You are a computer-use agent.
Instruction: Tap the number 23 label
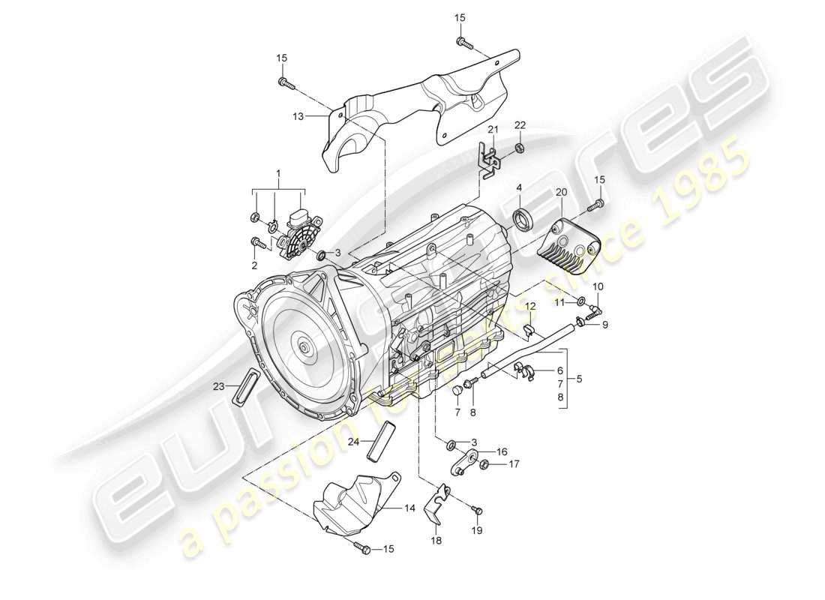218,387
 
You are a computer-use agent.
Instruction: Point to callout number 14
409,508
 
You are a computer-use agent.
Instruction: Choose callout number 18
436,540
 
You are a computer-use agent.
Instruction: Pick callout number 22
520,124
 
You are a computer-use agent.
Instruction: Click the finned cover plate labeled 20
570,240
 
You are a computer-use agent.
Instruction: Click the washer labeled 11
581,301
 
